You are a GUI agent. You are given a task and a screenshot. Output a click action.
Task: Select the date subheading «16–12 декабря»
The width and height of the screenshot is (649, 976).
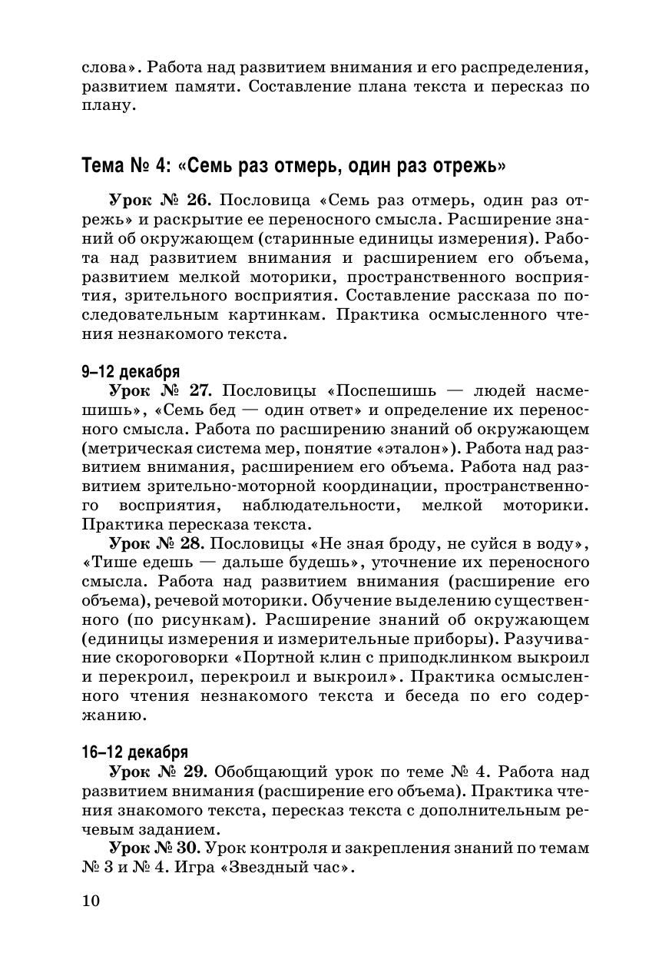134,752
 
